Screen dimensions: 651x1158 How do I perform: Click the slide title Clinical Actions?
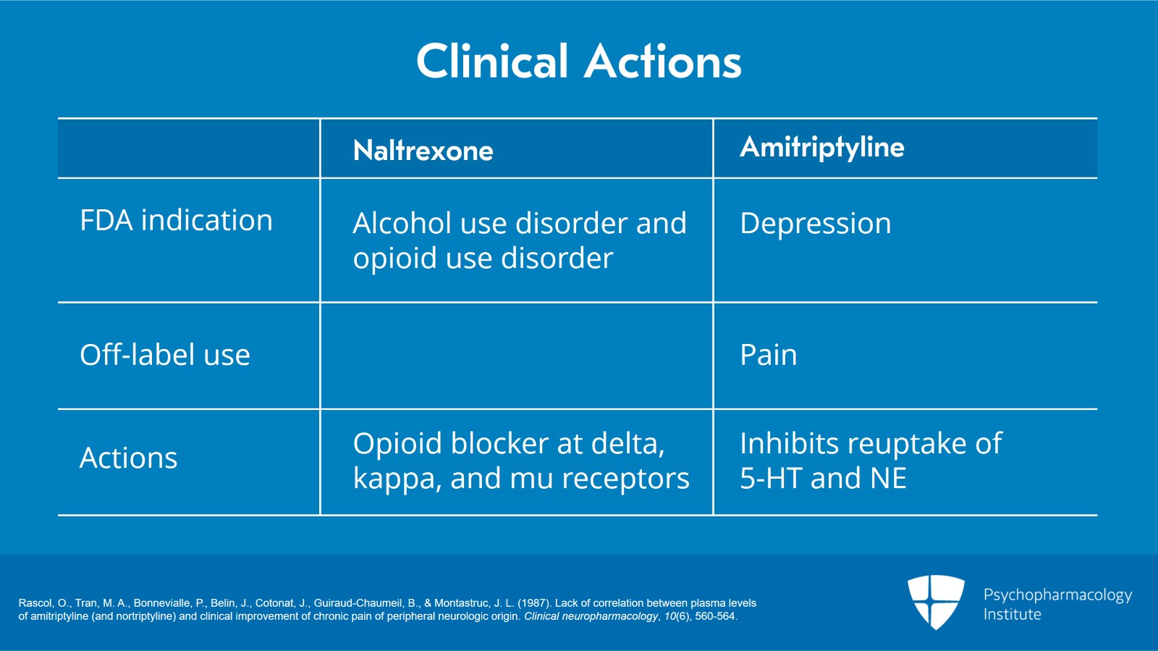(578, 61)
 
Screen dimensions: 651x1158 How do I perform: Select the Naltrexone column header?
(423, 151)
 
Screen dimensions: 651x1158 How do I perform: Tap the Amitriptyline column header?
(821, 148)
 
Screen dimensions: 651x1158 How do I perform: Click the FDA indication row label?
(176, 221)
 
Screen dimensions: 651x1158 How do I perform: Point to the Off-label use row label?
(165, 355)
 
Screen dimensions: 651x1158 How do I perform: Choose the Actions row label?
(128, 458)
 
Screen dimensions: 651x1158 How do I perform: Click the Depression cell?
(815, 224)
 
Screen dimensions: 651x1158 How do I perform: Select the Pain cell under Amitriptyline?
(768, 355)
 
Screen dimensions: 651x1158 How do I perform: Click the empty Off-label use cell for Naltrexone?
(516, 356)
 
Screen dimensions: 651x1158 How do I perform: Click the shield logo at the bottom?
(936, 601)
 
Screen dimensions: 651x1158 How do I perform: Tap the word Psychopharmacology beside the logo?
(1057, 595)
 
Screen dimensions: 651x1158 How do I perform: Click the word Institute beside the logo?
(1012, 615)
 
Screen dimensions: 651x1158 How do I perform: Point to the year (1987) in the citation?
(534, 603)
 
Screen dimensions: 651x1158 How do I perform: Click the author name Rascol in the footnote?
(35, 603)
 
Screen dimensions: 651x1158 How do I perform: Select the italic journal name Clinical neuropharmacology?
(591, 617)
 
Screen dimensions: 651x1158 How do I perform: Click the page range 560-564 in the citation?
(714, 617)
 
